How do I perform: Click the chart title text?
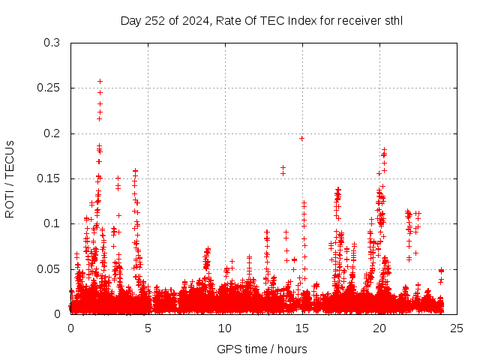click(x=261, y=20)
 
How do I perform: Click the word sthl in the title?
click(x=392, y=20)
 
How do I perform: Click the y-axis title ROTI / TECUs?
click(x=10, y=178)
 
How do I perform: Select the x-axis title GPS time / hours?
click(x=262, y=349)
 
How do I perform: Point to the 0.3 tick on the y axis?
click(x=52, y=43)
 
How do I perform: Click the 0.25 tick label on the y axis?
click(x=49, y=88)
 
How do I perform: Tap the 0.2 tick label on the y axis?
click(x=52, y=133)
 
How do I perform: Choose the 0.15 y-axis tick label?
click(x=49, y=178)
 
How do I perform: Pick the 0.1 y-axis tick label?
click(x=52, y=223)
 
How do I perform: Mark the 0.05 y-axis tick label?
click(x=49, y=268)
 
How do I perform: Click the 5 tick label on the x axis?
click(x=148, y=328)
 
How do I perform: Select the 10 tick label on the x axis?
click(x=225, y=328)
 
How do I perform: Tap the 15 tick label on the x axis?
click(x=302, y=328)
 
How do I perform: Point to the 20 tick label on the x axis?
click(x=379, y=328)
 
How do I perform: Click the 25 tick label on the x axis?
click(x=457, y=328)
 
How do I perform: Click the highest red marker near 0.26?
click(x=100, y=81)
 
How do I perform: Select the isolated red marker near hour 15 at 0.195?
click(x=301, y=138)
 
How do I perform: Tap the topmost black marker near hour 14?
click(x=283, y=167)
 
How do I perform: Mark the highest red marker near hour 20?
click(x=385, y=150)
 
